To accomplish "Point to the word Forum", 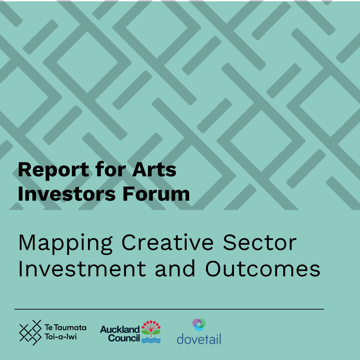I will tap(156, 194).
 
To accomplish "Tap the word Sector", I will tap(259, 243).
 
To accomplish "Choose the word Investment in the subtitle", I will tap(82, 268).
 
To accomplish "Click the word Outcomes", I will tap(263, 268).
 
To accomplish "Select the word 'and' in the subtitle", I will tap(175, 268).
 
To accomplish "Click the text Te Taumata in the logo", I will tap(65, 328).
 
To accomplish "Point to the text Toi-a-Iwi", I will tap(61, 337).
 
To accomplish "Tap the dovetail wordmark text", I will tap(199, 339).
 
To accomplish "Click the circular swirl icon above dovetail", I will tap(199, 324).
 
